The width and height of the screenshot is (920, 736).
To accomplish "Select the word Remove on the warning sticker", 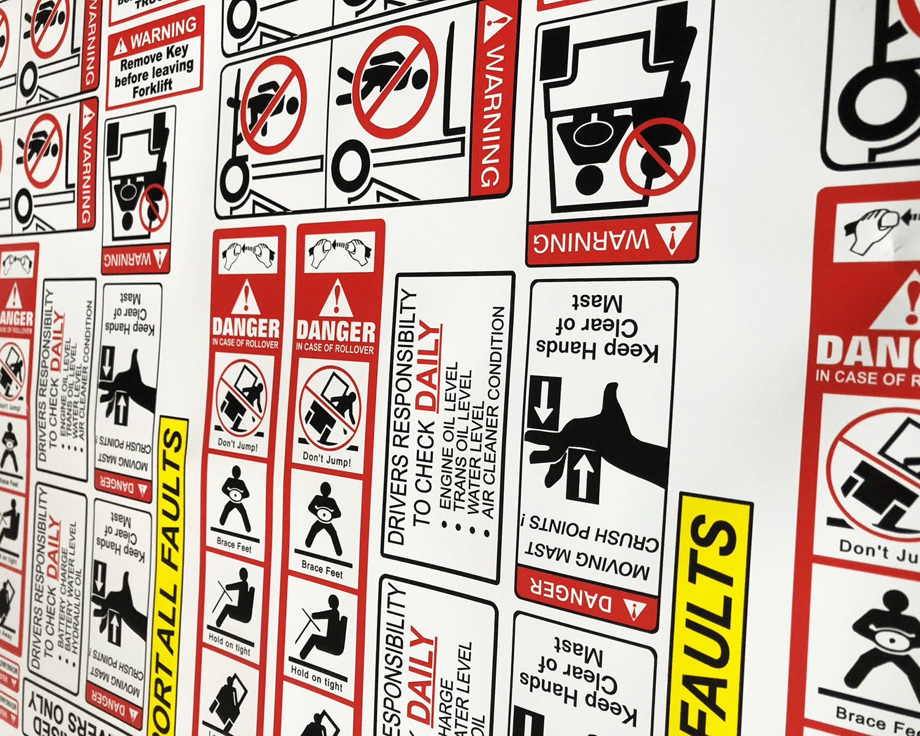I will (142, 61).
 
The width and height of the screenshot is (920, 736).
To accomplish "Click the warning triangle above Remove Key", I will (121, 45).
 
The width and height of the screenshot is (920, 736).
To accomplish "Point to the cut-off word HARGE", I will (444, 705).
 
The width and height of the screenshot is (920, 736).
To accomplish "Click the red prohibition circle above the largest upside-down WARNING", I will (657, 157).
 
